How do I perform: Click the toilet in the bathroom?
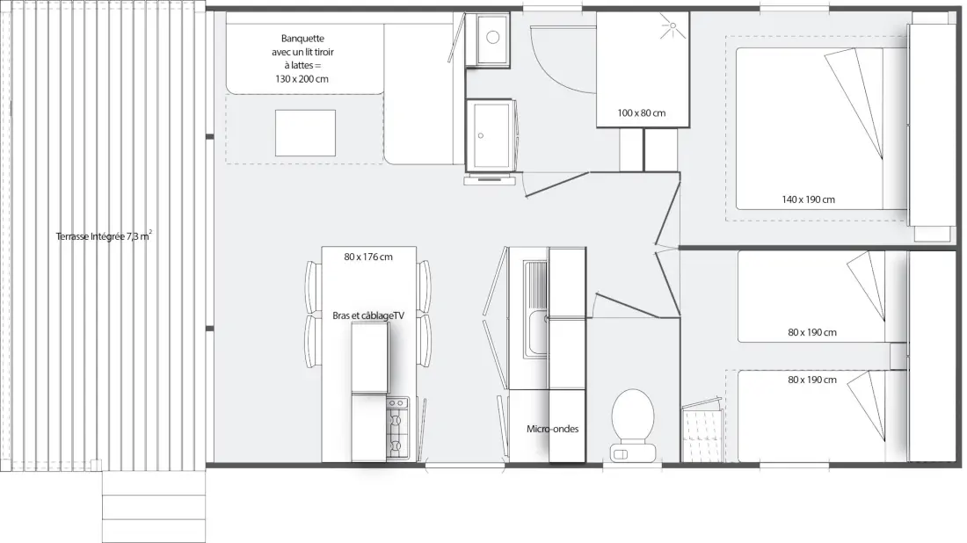pos(633,424)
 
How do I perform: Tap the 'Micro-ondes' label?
pos(553,429)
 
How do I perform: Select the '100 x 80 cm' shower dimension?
pos(642,112)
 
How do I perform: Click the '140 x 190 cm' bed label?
pos(808,199)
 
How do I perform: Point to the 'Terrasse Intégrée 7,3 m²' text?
pos(104,235)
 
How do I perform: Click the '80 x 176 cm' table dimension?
pos(368,257)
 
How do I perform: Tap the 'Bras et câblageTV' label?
pos(368,315)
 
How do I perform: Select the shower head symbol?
pos(672,27)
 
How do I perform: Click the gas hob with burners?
pos(397,428)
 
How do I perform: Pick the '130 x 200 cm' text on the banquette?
pos(302,79)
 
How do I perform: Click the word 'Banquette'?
pos(302,38)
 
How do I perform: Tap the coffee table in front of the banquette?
pos(305,134)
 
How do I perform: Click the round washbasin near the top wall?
pos(493,37)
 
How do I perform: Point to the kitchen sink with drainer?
pos(535,309)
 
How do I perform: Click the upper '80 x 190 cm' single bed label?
pos(812,332)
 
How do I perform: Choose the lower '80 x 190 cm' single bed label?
pos(812,380)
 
